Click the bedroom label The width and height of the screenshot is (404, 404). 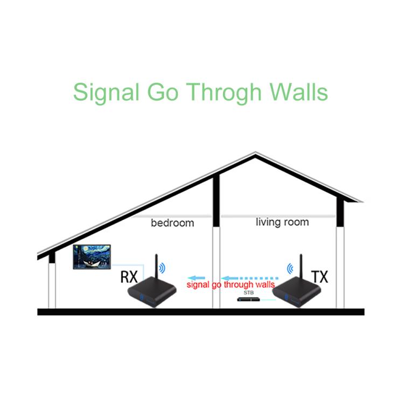click(172, 222)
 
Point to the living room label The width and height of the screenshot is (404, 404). click(282, 221)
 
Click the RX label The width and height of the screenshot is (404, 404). click(129, 277)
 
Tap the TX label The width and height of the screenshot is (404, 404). click(319, 277)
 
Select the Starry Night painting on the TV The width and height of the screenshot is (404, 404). click(92, 257)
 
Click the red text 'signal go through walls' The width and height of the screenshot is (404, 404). click(231, 284)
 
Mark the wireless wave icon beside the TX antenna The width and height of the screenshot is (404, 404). click(291, 267)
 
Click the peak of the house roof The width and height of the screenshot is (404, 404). click(255, 154)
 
